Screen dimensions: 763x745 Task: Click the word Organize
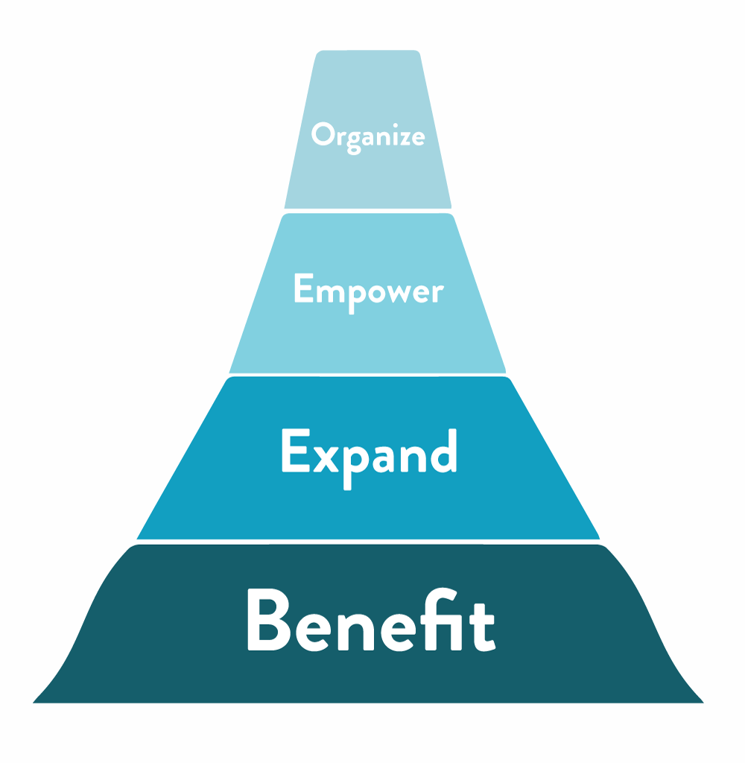coord(368,136)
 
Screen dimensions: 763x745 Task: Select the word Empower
coord(368,289)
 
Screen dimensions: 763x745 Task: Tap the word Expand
coord(369,453)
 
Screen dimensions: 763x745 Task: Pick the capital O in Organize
coord(322,135)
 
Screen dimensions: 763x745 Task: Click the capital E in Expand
coord(292,452)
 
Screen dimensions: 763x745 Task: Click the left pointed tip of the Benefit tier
coord(35,701)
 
